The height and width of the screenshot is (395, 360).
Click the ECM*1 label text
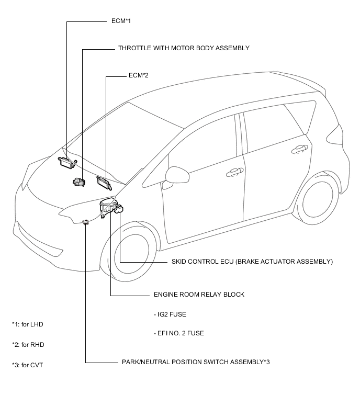(121, 21)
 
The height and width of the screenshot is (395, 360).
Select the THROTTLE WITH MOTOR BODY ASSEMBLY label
(184, 48)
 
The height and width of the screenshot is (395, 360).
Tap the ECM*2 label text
(138, 75)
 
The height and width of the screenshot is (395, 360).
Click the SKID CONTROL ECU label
(252, 262)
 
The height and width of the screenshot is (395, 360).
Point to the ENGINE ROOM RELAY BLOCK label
(199, 295)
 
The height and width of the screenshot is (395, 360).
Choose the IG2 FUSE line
(170, 314)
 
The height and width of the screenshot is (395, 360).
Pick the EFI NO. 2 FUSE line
(179, 333)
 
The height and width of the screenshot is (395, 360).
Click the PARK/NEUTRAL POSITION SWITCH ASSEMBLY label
(196, 362)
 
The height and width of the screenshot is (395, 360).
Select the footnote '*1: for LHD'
(28, 324)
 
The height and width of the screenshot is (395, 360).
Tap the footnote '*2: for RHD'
(28, 345)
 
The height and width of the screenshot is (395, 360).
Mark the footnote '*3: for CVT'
(27, 365)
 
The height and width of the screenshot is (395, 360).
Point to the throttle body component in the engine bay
(79, 182)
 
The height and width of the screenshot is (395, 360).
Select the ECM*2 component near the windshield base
(104, 183)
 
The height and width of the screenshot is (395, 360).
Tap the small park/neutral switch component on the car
(86, 222)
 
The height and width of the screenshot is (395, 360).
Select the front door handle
(235, 172)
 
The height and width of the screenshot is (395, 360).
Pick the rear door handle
(299, 149)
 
